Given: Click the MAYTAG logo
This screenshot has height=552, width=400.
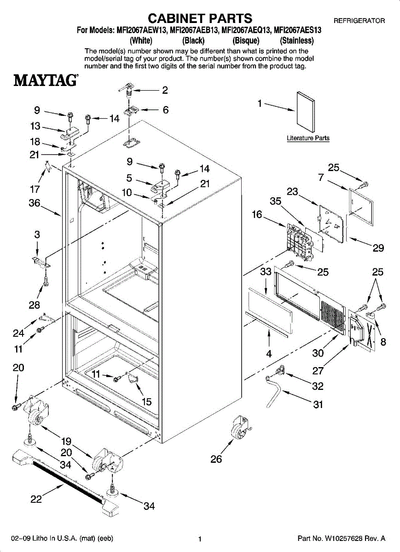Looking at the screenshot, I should (45, 80).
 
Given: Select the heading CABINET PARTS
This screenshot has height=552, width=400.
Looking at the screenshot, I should (200, 18).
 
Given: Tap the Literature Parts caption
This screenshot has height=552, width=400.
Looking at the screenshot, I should (308, 138).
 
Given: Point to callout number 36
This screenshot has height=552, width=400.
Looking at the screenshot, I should (35, 203).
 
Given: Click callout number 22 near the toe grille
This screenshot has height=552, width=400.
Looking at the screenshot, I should (36, 500).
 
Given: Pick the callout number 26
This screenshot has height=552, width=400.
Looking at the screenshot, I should (216, 459).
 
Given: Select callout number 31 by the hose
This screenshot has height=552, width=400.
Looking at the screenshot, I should (318, 405).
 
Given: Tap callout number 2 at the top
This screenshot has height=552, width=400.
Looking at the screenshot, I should (164, 90).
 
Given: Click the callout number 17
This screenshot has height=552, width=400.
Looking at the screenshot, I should (35, 189).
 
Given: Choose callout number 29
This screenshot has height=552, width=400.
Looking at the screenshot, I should (378, 248).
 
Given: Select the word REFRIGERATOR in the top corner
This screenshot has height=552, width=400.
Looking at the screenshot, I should (359, 21).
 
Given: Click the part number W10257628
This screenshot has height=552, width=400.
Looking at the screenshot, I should (348, 538).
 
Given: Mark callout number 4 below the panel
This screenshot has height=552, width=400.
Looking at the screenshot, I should (269, 354).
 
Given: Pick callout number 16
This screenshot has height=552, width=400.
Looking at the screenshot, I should (257, 215).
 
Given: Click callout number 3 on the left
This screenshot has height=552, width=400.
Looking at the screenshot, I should (37, 235).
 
